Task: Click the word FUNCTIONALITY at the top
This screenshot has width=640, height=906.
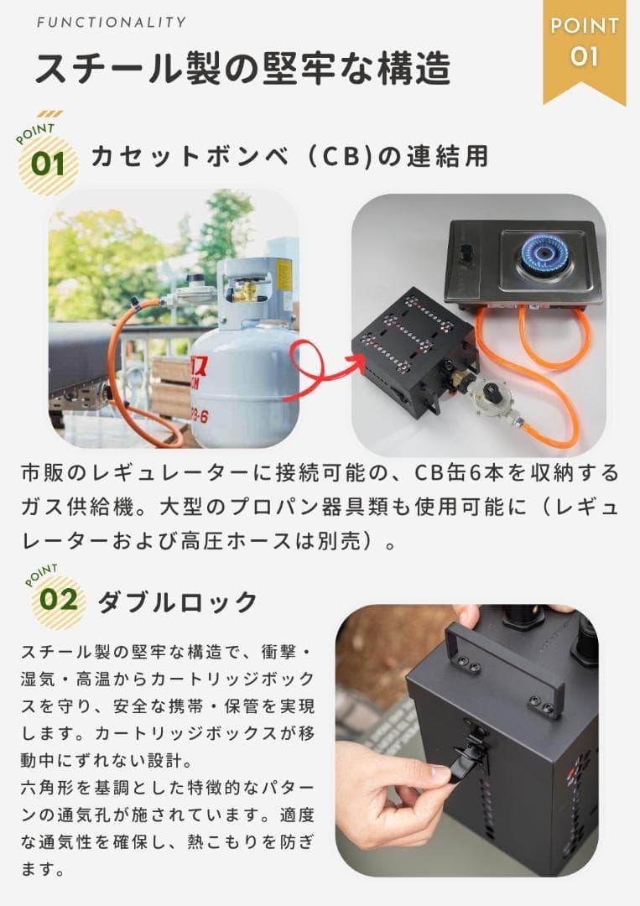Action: click(112, 23)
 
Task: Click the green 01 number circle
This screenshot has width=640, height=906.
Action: click(48, 162)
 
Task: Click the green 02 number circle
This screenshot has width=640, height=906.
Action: click(58, 600)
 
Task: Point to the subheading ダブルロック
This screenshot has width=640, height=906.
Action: click(177, 601)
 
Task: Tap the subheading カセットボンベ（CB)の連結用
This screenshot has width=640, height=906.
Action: click(289, 156)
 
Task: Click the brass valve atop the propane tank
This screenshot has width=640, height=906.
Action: click(246, 290)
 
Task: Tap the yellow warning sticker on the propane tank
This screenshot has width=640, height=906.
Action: click(284, 273)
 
